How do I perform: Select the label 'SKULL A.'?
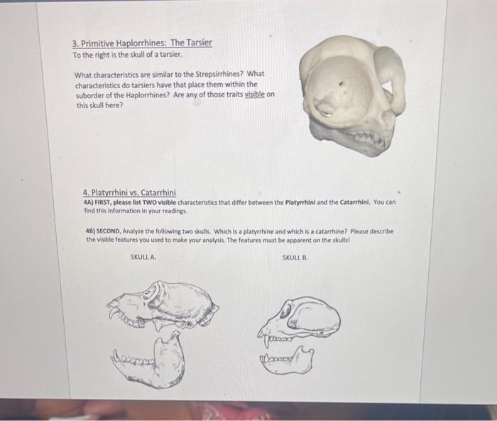coord(143,257)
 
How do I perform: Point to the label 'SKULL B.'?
coord(295,257)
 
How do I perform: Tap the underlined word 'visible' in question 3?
coord(254,95)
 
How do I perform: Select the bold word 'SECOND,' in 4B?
coord(109,231)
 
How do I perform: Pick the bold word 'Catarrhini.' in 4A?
coord(355,202)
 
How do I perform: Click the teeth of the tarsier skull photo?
coord(368,137)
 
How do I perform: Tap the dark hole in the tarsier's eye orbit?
coord(341,84)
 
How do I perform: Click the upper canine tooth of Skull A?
coord(112,312)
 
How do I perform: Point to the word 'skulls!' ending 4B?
coord(340,240)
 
